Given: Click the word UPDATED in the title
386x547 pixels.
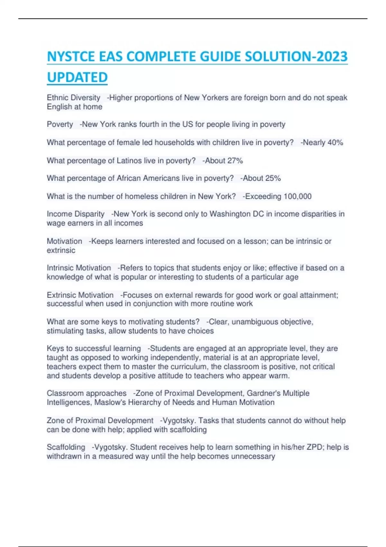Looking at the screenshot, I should pyautogui.click(x=77, y=77).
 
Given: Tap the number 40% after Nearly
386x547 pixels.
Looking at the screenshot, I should pyautogui.click(x=335, y=142).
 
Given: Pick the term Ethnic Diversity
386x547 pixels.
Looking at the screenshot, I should pyautogui.click(x=74, y=97).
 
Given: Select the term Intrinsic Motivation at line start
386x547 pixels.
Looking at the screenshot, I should pyautogui.click(x=79, y=268).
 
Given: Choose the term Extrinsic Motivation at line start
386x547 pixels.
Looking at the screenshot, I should pyautogui.click(x=80, y=295).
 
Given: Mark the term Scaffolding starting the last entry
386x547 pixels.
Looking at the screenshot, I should pyautogui.click(x=66, y=447).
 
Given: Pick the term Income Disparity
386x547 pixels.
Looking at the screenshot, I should pyautogui.click(x=76, y=214).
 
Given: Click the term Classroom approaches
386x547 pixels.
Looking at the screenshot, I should pyautogui.click(x=87, y=393).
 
